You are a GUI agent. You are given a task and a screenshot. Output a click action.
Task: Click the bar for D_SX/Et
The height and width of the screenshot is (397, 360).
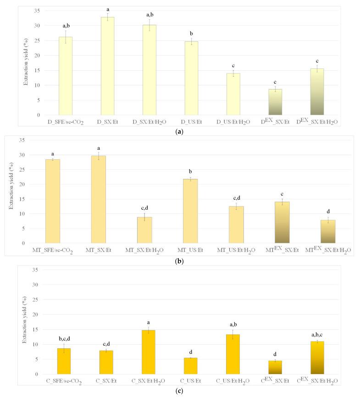tap(107, 66)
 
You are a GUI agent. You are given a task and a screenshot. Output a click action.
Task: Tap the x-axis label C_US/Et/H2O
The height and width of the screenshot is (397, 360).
tap(233, 381)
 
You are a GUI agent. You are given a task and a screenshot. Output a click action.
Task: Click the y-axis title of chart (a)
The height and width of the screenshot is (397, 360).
tap(27, 62)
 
